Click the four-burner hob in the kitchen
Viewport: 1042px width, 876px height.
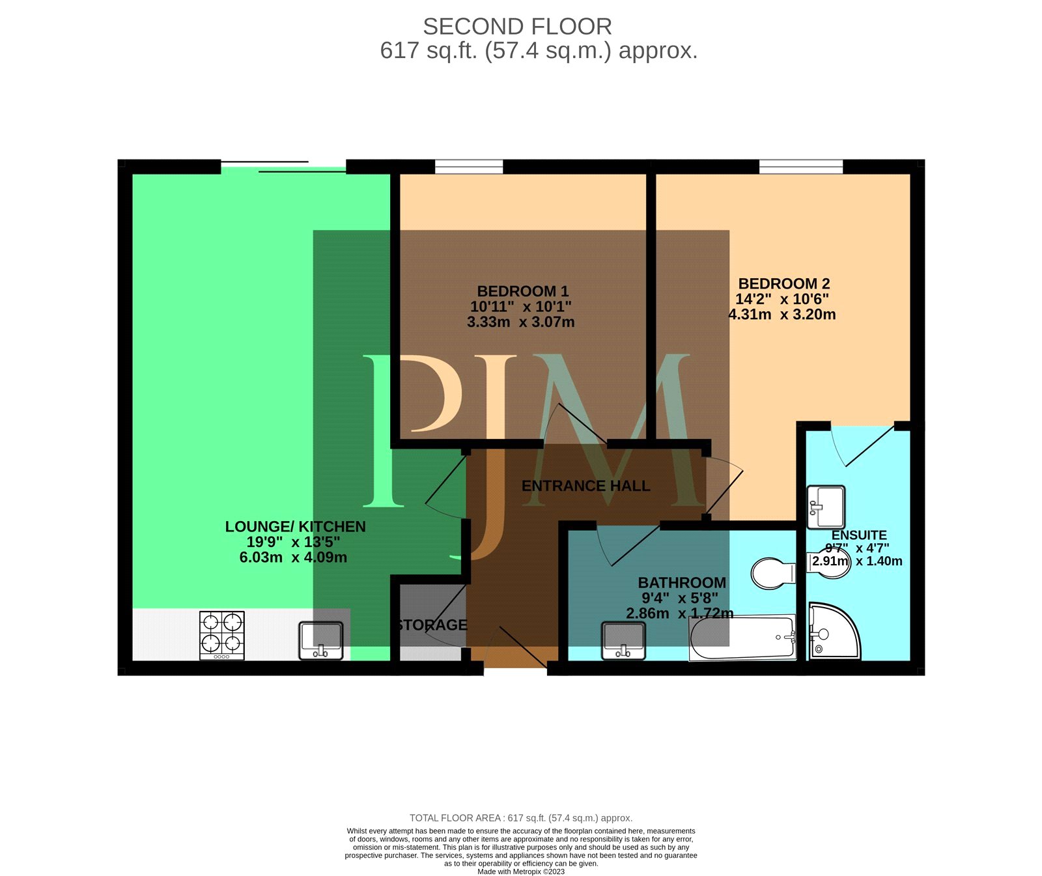pos(221,635)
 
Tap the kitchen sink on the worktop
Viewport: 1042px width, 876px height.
pos(321,640)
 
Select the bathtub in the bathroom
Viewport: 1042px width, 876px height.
pos(742,638)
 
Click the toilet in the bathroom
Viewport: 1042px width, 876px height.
pos(773,573)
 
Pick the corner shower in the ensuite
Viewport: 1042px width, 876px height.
pos(833,631)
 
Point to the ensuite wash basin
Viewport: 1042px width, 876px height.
pos(826,507)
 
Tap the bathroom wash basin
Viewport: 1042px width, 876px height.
pos(624,641)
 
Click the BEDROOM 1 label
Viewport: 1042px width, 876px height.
pos(523,291)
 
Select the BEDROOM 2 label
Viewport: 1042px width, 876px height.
pos(784,284)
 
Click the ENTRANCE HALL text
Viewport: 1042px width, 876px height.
pos(586,486)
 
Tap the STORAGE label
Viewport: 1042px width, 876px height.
pos(432,625)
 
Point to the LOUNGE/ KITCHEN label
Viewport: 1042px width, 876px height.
pos(296,527)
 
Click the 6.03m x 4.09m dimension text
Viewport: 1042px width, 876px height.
pos(293,558)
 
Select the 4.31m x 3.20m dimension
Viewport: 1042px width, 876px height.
pos(782,315)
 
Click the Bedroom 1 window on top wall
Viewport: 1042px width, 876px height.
pos(469,167)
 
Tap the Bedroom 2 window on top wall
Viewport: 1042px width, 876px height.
pos(801,167)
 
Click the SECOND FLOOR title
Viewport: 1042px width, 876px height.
pos(518,27)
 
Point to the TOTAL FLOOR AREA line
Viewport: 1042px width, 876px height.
pos(521,818)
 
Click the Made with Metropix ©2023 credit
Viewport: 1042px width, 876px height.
pos(521,871)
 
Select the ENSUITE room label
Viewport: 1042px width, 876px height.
pos(859,535)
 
